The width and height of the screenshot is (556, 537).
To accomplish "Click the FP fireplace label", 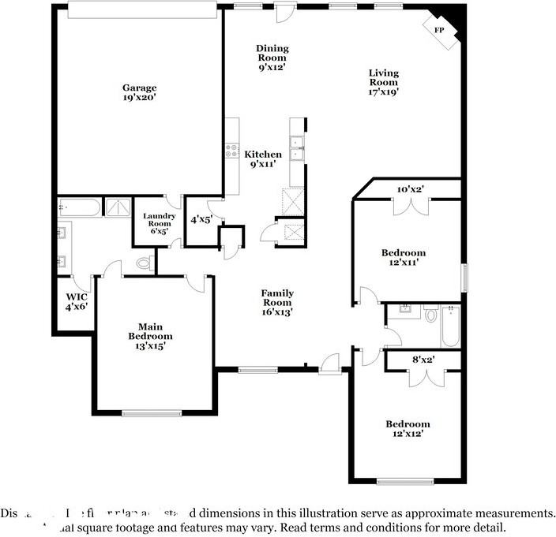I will point(439,30).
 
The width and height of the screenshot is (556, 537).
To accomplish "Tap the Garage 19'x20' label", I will point(139,93).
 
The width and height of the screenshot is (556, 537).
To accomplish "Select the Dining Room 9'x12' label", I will point(272,58).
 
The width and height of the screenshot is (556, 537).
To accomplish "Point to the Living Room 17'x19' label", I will point(384,82).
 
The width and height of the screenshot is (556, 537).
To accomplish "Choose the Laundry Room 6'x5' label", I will point(156,223).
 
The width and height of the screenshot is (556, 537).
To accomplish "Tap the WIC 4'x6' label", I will point(77,301).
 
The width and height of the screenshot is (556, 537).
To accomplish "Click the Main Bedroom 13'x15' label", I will point(150,335).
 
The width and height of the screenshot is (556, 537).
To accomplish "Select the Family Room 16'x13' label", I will point(277,302).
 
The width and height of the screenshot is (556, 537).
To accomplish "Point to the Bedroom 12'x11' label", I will point(404,258).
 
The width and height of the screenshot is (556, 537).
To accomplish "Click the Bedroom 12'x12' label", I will point(408,429).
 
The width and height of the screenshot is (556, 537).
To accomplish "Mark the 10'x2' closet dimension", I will point(410,189).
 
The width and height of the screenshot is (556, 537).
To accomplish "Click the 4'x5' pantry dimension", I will point(202,220).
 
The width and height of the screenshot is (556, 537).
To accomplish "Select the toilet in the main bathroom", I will point(144,262).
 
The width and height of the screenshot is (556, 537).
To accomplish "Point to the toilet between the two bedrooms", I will point(431,315).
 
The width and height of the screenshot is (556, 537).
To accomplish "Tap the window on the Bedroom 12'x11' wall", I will point(464,277).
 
